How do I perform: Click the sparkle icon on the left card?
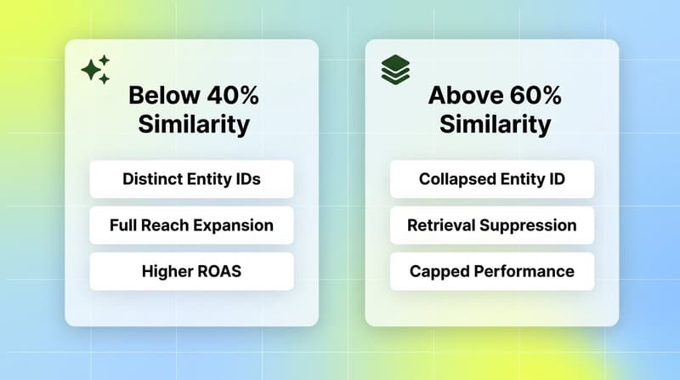point(96,70)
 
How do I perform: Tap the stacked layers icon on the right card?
point(394,69)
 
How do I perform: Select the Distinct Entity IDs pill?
point(191,179)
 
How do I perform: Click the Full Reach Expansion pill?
point(191,225)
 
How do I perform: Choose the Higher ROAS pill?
point(191,271)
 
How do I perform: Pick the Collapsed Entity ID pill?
point(492,179)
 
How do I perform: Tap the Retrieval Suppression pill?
point(492,225)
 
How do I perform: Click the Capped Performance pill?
point(492,271)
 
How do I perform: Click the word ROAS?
point(216,271)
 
